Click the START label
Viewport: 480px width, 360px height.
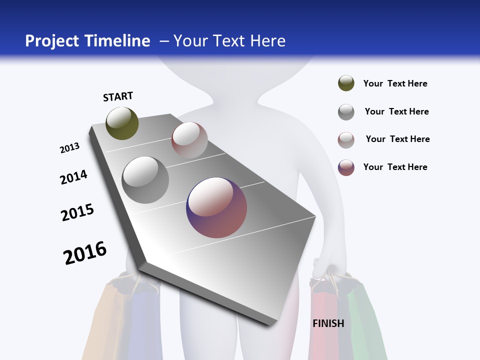118,96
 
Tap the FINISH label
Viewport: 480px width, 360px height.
328,323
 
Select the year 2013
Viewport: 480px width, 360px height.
69,148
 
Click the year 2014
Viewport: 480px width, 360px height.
73,177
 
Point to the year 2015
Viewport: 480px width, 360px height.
77,212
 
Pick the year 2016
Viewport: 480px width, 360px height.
85,252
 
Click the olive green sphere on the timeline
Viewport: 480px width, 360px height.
122,123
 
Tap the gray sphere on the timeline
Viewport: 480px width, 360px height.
145,179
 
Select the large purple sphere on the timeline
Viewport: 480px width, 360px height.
216,207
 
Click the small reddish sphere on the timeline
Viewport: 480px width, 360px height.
189,140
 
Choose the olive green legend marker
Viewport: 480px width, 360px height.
346,83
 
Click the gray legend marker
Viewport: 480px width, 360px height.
346,112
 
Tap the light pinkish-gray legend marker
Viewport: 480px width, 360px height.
346,140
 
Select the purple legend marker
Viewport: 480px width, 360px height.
346,167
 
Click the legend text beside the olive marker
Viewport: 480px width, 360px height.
395,83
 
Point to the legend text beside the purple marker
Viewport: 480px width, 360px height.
395,167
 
